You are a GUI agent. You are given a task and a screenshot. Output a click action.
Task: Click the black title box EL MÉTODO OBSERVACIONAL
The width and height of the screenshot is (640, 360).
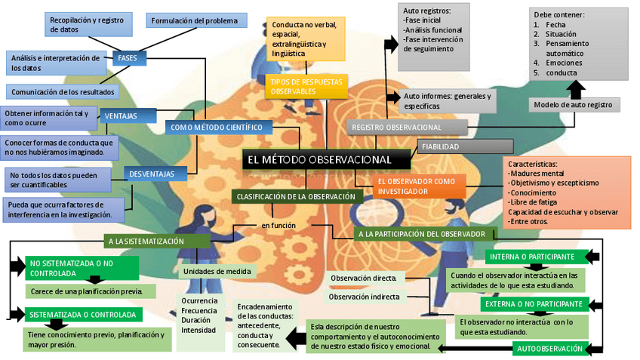tap(327, 160)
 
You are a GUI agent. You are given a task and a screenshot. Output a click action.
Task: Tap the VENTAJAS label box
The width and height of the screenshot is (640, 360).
tap(120, 116)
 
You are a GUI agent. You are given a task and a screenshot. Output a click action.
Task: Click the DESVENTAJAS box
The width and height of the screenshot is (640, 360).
tap(151, 174)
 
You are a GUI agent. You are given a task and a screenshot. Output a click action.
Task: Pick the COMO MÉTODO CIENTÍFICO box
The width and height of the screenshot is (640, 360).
tap(216, 128)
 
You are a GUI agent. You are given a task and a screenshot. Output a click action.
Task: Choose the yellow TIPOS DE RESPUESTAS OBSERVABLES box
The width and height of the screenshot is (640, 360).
tap(306, 86)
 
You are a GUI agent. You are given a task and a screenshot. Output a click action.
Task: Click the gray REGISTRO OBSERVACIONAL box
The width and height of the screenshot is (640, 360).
tap(407, 128)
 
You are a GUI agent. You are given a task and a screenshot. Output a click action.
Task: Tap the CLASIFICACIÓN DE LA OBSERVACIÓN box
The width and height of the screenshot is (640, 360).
tap(295, 196)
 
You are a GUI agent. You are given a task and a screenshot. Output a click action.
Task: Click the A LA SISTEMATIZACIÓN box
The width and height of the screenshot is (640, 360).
tap(156, 242)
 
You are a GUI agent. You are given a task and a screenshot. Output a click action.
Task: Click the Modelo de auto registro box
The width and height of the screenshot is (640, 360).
tap(574, 104)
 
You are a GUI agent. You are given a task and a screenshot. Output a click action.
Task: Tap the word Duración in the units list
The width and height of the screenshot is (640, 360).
tap(196, 320)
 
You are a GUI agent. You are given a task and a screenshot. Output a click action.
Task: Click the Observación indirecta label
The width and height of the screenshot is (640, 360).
tap(364, 297)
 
